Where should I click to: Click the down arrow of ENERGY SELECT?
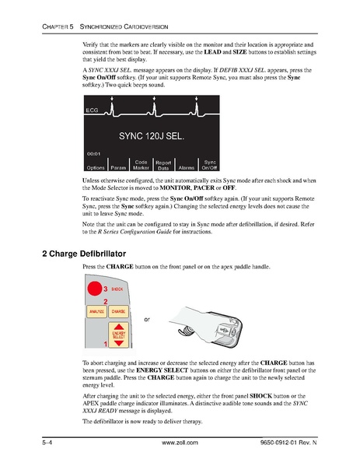coord(119,343)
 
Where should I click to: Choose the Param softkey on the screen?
coord(118,167)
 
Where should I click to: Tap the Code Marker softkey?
coord(141,165)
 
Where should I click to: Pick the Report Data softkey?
coord(163,165)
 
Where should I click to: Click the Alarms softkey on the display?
coord(187,167)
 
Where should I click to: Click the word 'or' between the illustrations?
coord(147,319)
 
